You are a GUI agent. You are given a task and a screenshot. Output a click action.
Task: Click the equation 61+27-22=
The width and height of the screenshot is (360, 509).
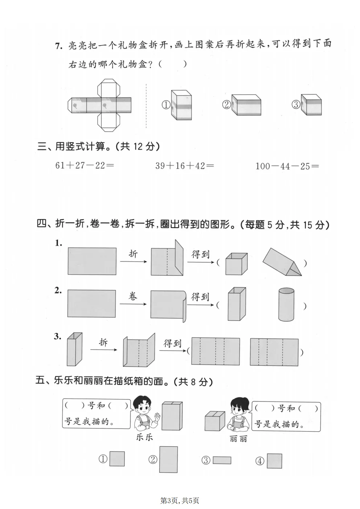85,165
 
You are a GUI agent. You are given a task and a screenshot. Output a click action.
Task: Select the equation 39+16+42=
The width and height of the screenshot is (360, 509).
184,166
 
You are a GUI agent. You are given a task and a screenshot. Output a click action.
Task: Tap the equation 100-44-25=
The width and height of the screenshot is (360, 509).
287,166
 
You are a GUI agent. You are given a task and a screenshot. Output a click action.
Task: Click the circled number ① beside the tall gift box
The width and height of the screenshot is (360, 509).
165,105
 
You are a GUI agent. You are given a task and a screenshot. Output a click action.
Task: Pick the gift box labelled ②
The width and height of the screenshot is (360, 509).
246,105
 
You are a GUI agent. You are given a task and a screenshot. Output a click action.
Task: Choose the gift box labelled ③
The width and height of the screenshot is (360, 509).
311,105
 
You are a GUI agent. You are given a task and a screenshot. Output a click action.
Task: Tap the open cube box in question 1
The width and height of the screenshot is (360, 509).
236,264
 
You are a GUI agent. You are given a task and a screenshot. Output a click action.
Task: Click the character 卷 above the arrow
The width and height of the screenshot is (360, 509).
133,296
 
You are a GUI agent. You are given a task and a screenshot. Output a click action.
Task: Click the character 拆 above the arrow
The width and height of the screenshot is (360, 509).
103,342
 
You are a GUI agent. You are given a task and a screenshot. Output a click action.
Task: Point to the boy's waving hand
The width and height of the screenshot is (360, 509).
157,416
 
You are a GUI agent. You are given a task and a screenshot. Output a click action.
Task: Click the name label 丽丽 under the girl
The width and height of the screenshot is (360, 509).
238,439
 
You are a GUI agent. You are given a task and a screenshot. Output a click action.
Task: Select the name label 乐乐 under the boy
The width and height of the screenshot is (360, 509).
144,437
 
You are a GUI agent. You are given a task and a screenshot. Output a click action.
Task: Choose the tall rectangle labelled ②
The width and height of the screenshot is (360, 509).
168,459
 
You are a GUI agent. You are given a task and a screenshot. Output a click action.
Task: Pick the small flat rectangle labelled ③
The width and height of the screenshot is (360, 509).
222,460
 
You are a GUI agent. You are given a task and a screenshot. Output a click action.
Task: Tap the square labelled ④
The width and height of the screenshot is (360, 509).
274,461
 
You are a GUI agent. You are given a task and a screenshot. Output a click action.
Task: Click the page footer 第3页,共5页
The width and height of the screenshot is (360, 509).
180,501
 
